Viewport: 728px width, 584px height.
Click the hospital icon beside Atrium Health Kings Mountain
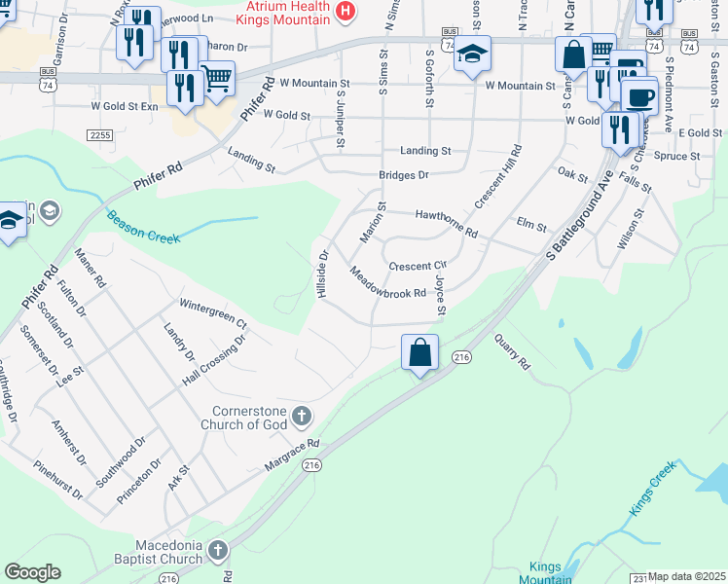tap(344, 11)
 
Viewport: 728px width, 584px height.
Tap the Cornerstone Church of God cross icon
tap(302, 417)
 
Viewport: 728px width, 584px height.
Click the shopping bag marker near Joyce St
tap(419, 353)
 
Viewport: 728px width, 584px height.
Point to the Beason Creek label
tap(143, 227)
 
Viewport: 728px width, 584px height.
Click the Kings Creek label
tap(651, 488)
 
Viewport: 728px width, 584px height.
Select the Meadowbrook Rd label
tap(388, 284)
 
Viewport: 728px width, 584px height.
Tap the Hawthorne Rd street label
tap(446, 224)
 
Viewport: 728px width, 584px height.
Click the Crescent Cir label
tap(417, 266)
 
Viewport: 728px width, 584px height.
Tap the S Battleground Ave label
tap(582, 216)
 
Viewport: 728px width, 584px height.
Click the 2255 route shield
tap(100, 135)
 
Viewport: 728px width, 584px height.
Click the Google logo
tap(32, 572)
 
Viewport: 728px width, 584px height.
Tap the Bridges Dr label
tap(404, 175)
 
